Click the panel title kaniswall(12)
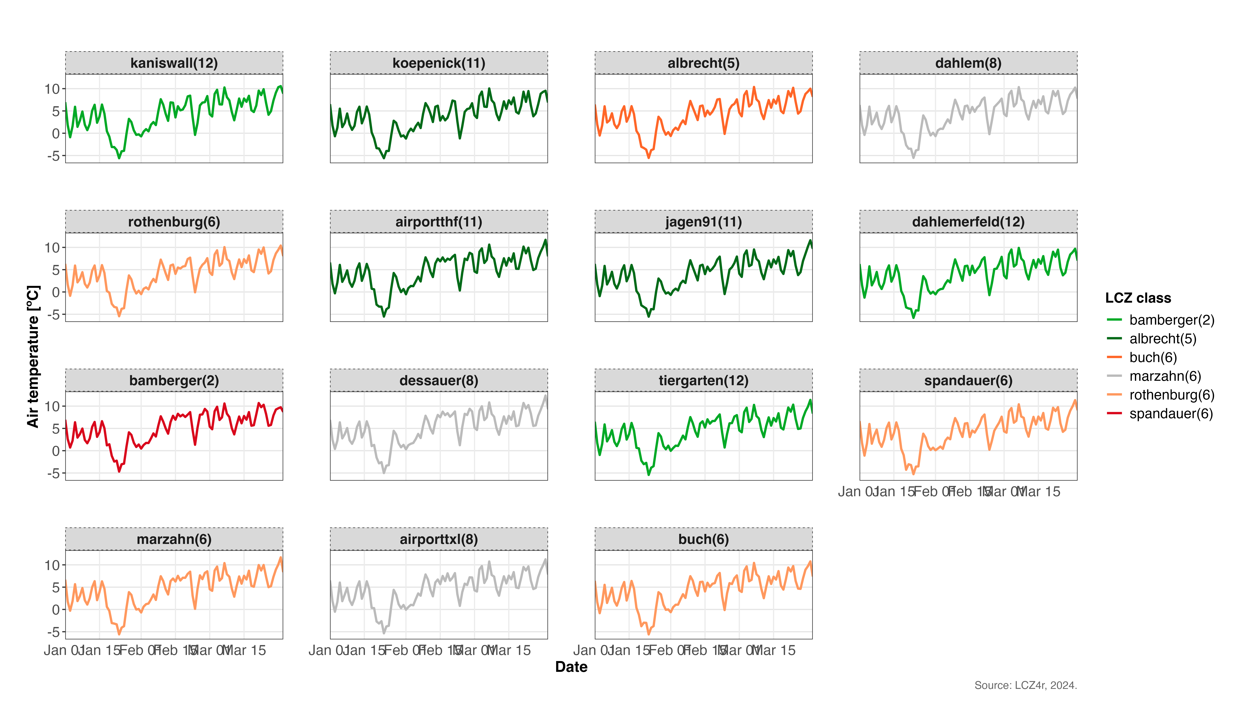click(x=174, y=63)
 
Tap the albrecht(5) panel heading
click(x=703, y=63)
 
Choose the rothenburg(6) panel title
click(x=174, y=222)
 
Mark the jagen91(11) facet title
click(x=703, y=222)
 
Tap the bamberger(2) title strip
click(x=174, y=380)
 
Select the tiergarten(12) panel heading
click(x=703, y=380)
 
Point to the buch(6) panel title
click(x=703, y=539)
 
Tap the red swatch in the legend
click(x=1114, y=413)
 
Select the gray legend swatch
click(x=1114, y=375)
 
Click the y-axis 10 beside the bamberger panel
click(x=52, y=407)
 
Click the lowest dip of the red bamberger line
click(x=119, y=471)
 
